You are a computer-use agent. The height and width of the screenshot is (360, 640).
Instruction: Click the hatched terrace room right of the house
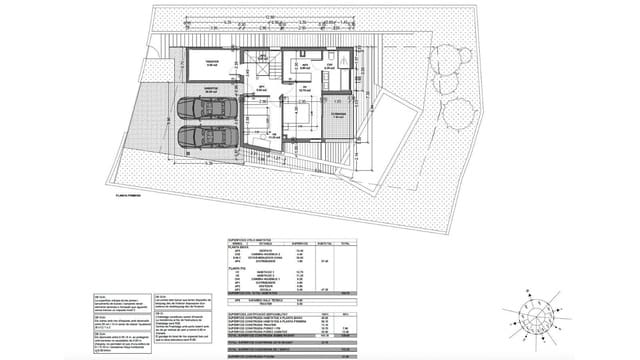(x=340, y=116)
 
